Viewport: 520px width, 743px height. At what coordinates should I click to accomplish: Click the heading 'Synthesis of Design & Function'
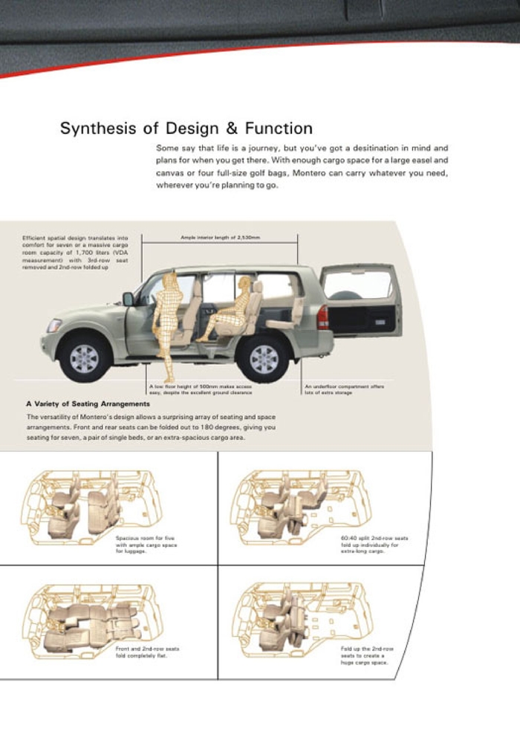click(x=186, y=128)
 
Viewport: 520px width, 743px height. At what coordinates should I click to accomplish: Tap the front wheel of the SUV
click(x=84, y=358)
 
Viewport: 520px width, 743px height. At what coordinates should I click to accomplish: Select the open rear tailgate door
click(x=360, y=298)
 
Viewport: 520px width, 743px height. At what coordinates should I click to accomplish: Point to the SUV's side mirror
click(x=129, y=299)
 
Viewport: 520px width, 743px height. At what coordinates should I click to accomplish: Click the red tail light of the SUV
click(x=322, y=317)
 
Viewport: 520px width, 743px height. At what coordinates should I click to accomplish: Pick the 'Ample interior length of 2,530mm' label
click(x=220, y=238)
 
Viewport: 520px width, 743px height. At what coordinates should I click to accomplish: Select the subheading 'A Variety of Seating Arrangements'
click(x=88, y=404)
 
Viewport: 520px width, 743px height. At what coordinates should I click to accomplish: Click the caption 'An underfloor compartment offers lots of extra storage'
click(x=344, y=389)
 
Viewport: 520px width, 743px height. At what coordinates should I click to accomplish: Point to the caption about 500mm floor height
click(x=200, y=389)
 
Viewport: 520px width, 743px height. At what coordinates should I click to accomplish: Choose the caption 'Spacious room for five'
click(x=146, y=544)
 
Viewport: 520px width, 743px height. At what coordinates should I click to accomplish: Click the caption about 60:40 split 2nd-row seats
click(x=374, y=544)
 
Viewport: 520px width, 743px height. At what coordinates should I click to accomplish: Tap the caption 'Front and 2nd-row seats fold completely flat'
click(x=147, y=652)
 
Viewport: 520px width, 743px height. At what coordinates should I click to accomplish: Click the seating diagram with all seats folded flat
click(x=89, y=621)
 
